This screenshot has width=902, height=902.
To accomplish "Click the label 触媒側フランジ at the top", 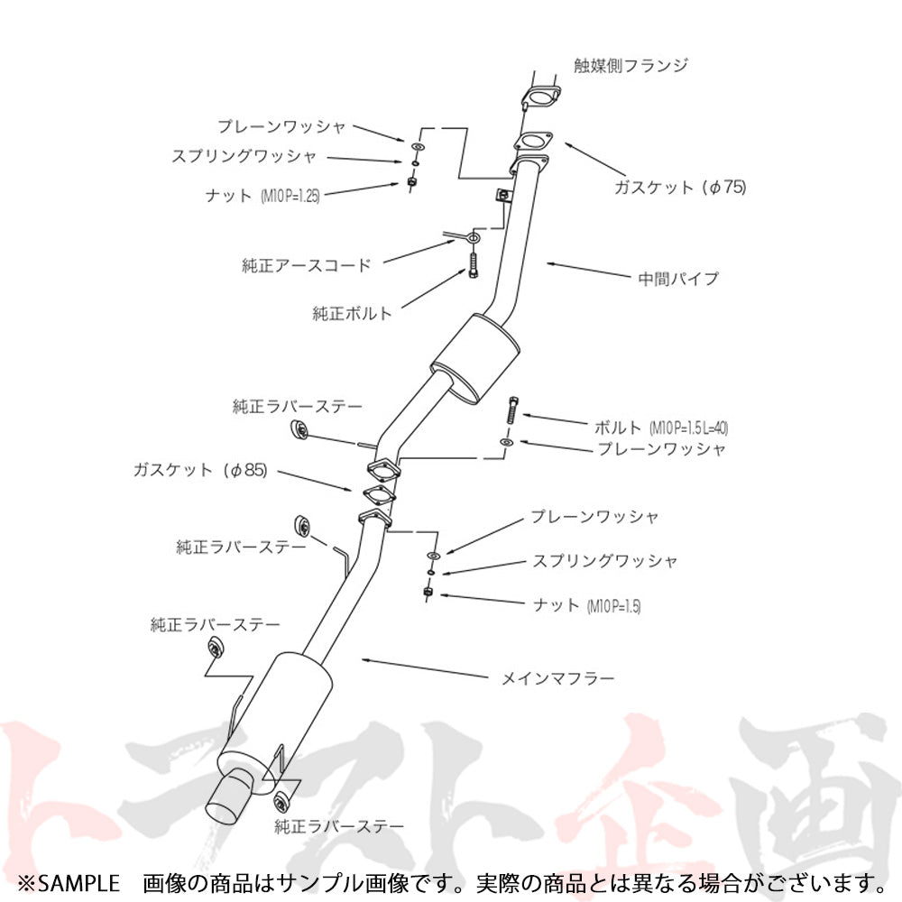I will click(x=630, y=65).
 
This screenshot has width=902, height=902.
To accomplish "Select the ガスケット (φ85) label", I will click(x=199, y=470).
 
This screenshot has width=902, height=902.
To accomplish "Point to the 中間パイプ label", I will click(x=678, y=278).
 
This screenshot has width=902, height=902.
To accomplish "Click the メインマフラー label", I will click(x=557, y=676).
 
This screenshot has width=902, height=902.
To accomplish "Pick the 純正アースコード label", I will click(x=306, y=265).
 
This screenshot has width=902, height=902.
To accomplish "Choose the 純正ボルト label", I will click(x=352, y=314).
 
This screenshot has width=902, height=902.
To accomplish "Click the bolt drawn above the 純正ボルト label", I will click(x=473, y=262).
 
